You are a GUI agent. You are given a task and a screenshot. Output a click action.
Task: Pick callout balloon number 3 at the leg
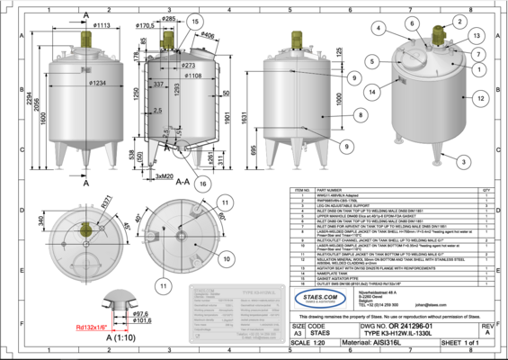[462, 162]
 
